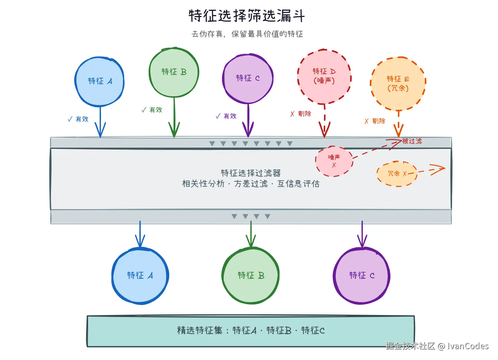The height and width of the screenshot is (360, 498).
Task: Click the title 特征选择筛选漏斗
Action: [247, 16]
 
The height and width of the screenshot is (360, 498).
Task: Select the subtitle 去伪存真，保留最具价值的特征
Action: [247, 34]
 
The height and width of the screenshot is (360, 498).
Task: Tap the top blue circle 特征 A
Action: [100, 81]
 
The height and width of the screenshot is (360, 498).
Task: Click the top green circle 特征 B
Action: [174, 72]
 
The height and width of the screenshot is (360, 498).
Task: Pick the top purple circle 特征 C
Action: [248, 78]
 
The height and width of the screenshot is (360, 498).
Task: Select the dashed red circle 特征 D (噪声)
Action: [324, 76]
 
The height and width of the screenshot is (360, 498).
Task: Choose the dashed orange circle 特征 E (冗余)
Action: [398, 83]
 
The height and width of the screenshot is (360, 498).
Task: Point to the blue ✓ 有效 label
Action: [78, 119]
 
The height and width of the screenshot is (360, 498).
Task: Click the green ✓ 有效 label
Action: [152, 110]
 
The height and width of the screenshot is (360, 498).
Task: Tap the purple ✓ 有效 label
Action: [226, 116]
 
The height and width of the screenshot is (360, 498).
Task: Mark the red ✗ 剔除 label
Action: [301, 114]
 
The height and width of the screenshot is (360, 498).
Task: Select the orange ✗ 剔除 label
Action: [375, 121]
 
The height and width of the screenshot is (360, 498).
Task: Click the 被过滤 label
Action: [412, 141]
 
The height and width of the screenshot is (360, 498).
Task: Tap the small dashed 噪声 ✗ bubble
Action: [334, 161]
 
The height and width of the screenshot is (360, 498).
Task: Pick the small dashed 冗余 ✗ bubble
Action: [397, 174]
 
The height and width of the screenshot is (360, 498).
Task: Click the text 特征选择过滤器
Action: [251, 173]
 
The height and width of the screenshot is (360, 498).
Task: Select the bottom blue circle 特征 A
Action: [140, 276]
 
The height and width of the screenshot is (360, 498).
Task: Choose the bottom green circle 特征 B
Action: [251, 276]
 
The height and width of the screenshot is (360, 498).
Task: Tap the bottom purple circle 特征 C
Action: [362, 276]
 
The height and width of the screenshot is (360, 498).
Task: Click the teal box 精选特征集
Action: [251, 331]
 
